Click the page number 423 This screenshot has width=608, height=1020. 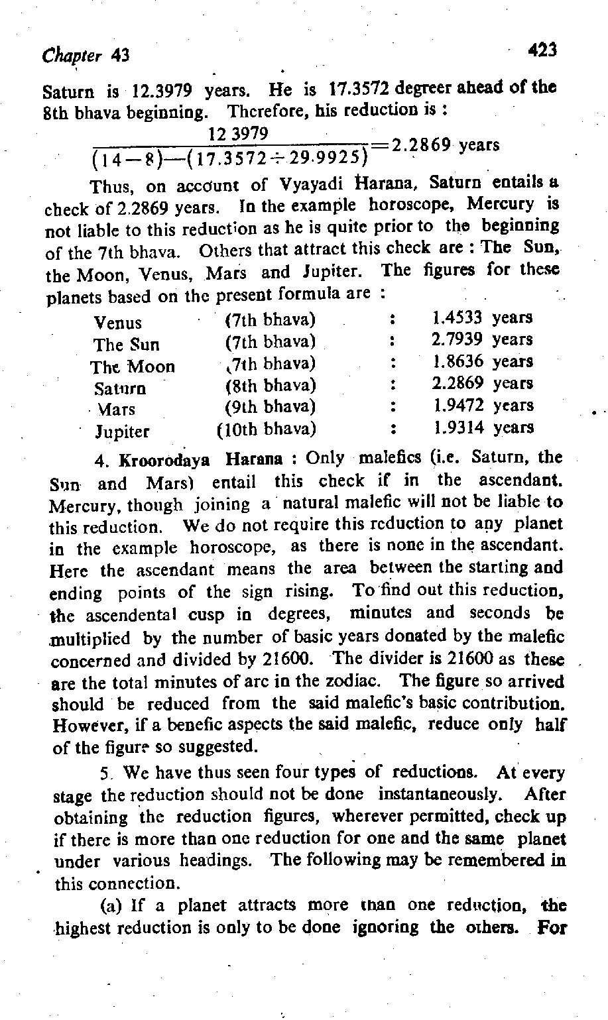tap(542, 49)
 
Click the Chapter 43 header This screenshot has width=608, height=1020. tap(85, 56)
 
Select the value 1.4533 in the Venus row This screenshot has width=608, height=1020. tap(457, 318)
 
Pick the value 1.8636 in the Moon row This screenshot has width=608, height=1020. tap(457, 362)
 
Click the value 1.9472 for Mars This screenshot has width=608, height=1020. tap(457, 406)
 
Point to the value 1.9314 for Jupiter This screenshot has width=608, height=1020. tap(457, 427)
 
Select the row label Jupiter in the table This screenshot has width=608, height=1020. tap(123, 432)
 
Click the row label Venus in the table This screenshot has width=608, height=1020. tap(117, 323)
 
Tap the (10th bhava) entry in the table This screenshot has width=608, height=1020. tap(267, 428)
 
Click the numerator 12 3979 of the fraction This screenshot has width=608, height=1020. tap(237, 134)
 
